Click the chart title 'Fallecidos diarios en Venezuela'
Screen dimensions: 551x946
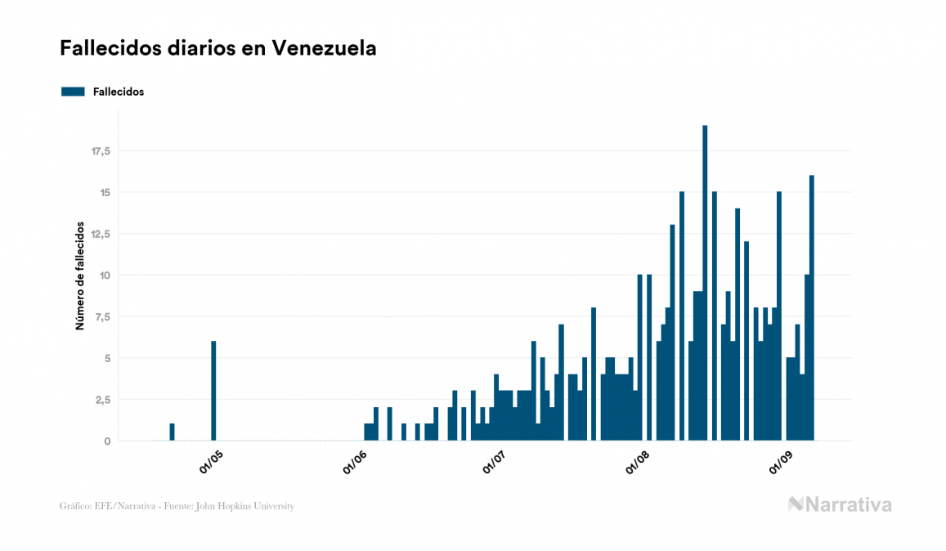(x=217, y=48)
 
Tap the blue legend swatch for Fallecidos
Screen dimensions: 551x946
(x=73, y=92)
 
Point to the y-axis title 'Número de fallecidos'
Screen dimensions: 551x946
(x=80, y=275)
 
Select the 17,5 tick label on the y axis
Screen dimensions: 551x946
(x=101, y=151)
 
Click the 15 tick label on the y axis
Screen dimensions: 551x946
(x=104, y=193)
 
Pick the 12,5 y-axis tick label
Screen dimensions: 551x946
(x=101, y=234)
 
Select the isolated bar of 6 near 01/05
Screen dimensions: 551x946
(x=213, y=391)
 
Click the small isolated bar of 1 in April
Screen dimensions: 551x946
(x=172, y=432)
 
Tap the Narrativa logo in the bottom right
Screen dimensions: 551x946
(x=840, y=504)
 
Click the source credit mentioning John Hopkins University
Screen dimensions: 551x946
(x=177, y=506)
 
